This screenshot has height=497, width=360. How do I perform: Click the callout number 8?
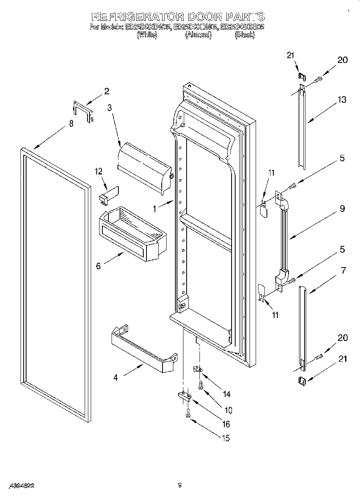(71, 124)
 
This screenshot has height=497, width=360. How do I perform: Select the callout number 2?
(106, 91)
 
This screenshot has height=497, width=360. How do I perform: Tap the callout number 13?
(342, 100)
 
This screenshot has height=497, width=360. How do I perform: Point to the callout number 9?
(342, 209)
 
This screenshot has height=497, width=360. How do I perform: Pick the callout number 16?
(226, 424)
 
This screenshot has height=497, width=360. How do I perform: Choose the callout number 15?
(226, 438)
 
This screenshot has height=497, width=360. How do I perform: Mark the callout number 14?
(226, 394)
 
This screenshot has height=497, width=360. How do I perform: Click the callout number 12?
(99, 171)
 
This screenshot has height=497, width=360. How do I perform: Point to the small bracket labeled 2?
(83, 111)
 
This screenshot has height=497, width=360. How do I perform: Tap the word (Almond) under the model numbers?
(198, 35)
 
